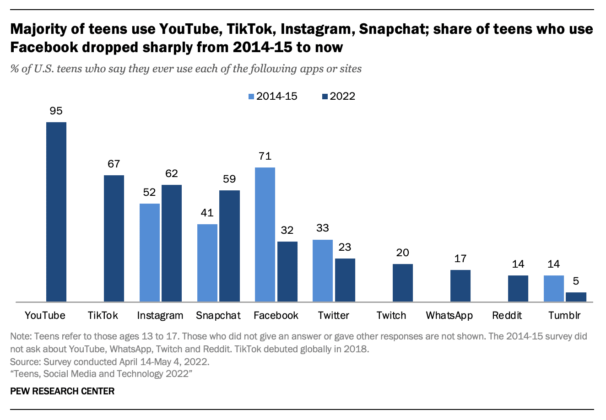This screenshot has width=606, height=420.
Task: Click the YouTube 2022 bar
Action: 56,212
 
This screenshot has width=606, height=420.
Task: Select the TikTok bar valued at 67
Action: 114,238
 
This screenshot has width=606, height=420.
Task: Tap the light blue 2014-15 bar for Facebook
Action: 265,234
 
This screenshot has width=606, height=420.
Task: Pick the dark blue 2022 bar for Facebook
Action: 287,271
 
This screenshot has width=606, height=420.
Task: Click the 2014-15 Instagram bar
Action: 149,253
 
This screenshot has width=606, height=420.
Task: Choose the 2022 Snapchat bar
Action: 229,246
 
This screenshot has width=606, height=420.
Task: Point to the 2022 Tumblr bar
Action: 575,297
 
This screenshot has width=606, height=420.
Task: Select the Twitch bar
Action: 402,283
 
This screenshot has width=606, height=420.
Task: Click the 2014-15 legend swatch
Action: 251,97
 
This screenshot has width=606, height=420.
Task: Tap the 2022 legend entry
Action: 338,97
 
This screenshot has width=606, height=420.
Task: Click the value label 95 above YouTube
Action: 56,111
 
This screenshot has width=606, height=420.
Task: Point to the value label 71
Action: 265,156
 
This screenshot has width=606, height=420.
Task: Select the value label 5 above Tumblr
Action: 576,281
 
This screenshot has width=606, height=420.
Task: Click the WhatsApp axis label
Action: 449,316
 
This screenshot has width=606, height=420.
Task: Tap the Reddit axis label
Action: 507,316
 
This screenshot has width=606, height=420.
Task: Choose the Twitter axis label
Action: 333,316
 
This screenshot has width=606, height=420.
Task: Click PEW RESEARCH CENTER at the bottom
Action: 62,391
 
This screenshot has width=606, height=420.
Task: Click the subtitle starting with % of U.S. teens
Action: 186,69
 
